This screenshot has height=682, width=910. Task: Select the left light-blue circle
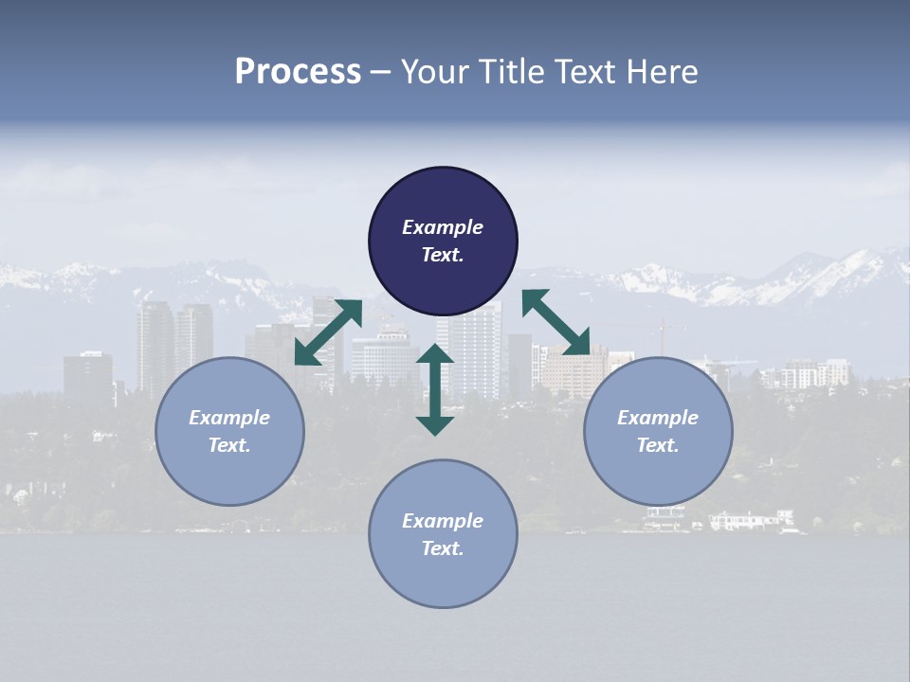[229, 432]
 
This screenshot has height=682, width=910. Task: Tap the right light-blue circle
[658, 432]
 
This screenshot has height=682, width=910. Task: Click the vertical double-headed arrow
[435, 389]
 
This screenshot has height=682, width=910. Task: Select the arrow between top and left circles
[328, 332]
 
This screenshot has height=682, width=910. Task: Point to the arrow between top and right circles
[556, 322]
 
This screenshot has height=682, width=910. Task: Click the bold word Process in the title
[298, 72]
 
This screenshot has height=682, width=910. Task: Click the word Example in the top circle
[443, 227]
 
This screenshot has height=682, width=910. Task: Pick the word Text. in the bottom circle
[443, 548]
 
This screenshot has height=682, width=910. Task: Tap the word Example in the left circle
[229, 418]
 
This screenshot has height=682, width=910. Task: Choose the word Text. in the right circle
[658, 445]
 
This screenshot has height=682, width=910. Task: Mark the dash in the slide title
[381, 72]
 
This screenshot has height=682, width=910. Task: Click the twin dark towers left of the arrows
[174, 346]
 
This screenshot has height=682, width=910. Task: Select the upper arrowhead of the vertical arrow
[435, 356]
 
